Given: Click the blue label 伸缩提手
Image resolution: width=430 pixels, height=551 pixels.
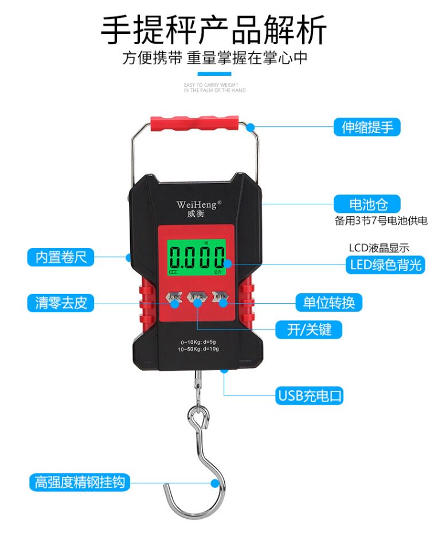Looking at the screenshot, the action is (x=367, y=127).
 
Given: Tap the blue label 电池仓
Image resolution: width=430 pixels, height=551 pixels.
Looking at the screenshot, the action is (x=367, y=204).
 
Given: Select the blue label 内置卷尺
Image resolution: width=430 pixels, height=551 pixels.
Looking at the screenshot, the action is (x=61, y=257).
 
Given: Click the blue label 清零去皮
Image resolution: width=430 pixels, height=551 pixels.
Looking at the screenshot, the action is (x=61, y=302).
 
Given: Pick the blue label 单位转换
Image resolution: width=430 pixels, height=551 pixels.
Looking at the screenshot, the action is (x=329, y=302).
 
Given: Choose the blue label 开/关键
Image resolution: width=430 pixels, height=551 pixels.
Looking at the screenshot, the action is (x=316, y=329).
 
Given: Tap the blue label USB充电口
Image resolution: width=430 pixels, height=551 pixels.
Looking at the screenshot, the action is (x=310, y=395).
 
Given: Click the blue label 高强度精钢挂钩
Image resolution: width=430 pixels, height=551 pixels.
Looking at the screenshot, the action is (x=79, y=482).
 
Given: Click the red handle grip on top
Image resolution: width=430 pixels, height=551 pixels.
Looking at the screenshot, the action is (x=194, y=124).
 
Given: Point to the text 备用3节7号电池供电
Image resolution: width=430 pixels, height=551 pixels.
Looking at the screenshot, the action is (x=381, y=221).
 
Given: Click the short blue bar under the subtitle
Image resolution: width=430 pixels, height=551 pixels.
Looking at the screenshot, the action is (x=214, y=74).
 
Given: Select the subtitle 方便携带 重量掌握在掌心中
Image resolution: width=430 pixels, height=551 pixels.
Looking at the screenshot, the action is (x=214, y=58).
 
